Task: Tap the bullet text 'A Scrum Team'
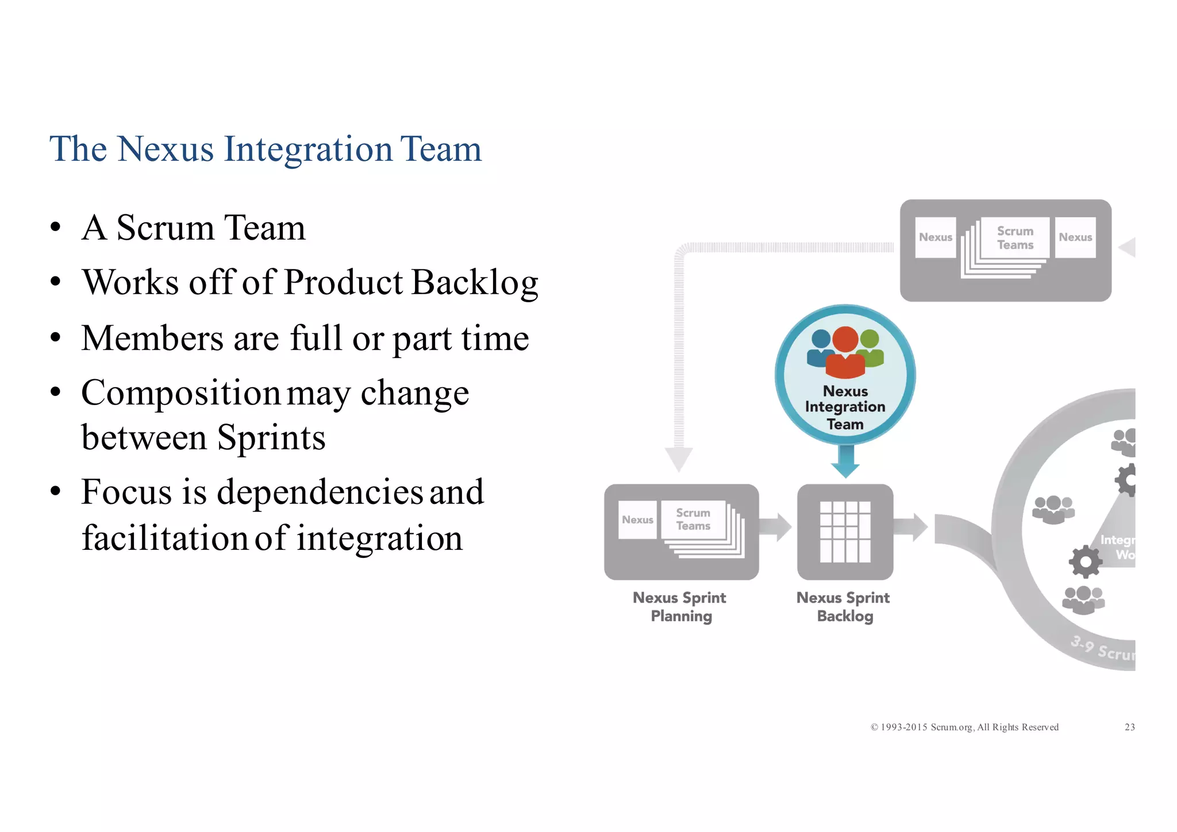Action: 193,228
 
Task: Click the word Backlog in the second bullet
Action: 475,283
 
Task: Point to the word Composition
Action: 180,394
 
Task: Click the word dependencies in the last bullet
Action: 320,492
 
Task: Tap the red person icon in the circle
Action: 845,352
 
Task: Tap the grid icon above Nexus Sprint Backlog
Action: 845,532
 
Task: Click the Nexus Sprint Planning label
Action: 680,607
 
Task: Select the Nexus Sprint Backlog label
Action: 844,607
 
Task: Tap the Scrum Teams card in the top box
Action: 1015,238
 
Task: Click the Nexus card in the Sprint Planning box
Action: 637,519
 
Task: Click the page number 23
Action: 1129,727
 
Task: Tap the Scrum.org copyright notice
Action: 964,727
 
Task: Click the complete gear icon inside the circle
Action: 1085,561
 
